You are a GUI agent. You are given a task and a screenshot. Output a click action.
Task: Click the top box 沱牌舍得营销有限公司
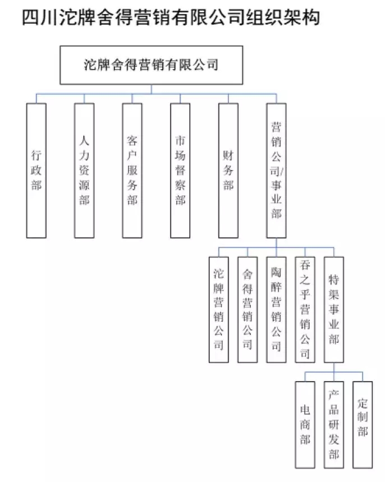(x=151, y=65)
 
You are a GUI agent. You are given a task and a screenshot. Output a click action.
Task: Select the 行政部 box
(x=36, y=170)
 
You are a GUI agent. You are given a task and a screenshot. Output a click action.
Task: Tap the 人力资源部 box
(x=84, y=170)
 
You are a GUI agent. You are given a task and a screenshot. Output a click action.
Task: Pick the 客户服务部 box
(x=132, y=170)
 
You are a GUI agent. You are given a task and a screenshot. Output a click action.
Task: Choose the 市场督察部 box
(x=180, y=170)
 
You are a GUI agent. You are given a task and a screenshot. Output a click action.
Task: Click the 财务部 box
(x=228, y=170)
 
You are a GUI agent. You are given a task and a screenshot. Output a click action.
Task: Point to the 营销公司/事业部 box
(x=276, y=170)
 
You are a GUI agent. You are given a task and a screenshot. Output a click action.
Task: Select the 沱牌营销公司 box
(x=218, y=309)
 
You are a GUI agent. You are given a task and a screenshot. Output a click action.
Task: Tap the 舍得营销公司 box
(x=247, y=309)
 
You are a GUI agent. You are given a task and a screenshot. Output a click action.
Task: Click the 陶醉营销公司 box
(x=276, y=309)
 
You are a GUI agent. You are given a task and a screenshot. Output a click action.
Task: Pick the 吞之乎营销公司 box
(x=305, y=309)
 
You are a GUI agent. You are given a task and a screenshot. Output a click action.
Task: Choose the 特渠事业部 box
(x=334, y=309)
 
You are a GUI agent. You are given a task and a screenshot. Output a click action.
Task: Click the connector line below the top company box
(x=151, y=89)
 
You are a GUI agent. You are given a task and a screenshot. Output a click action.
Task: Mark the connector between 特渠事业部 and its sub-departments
(x=334, y=368)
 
